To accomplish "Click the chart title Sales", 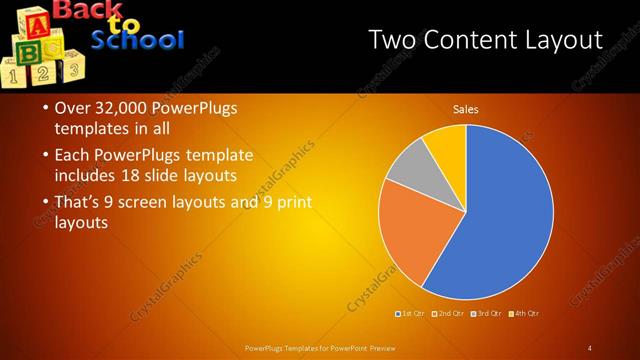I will tap(466, 109).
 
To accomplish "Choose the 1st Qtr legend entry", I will tap(413, 314).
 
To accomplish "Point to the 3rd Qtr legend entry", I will tap(488, 314).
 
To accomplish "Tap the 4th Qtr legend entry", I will tap(525, 314).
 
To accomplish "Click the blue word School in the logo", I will tap(138, 41).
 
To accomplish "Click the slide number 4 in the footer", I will tap(589, 347).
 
